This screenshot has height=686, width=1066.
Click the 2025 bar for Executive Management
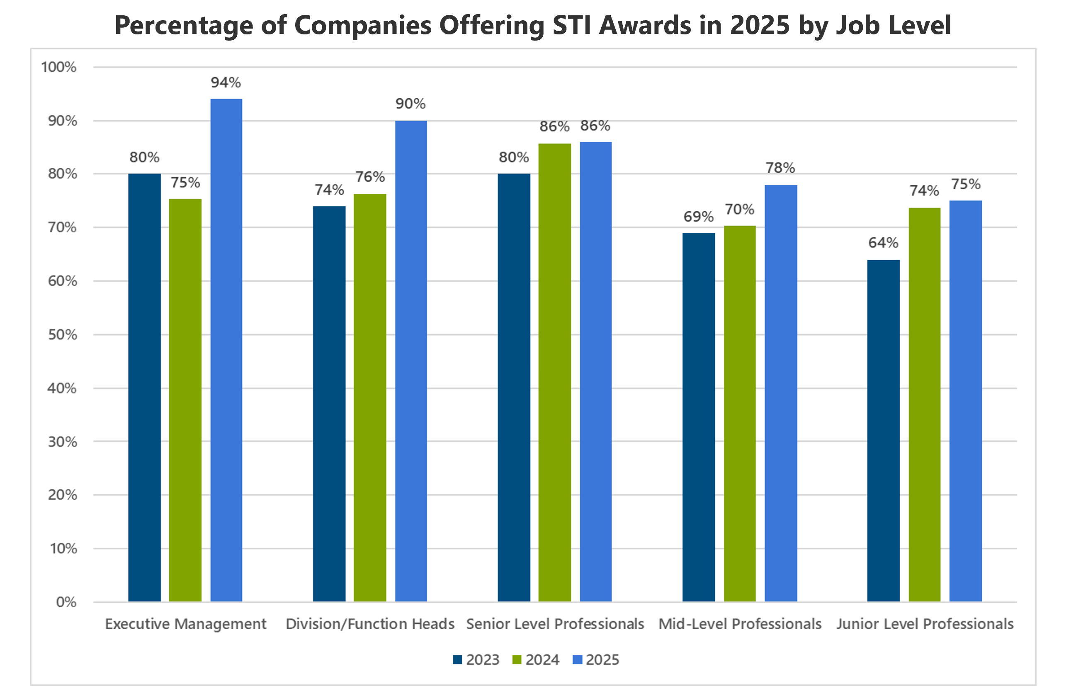226,350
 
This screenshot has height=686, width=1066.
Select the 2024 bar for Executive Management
185,400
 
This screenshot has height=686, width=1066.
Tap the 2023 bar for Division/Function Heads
329,403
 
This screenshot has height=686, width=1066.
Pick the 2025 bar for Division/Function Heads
410,361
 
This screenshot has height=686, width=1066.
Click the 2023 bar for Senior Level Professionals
514,388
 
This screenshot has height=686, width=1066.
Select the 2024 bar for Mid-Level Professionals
740,413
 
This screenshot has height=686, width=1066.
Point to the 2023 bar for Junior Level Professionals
883,430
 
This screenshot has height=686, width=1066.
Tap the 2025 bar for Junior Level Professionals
965,401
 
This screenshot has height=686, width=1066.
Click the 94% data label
226,82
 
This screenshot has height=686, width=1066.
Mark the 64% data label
883,243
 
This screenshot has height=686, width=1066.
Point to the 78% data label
780,168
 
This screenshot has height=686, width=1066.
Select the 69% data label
699,217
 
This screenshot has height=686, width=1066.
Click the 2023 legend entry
476,660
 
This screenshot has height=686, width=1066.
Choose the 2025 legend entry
596,660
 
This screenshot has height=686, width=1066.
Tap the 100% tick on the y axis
59,67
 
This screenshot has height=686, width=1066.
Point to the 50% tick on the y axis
63,335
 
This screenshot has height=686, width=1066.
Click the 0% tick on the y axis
66,602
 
